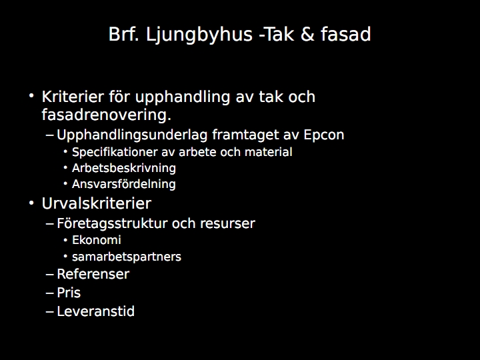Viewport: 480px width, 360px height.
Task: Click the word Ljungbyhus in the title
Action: (x=199, y=34)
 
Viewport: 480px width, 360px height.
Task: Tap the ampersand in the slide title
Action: (x=308, y=34)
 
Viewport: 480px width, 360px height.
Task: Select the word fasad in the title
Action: (x=346, y=34)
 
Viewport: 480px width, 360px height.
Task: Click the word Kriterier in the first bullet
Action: (x=73, y=97)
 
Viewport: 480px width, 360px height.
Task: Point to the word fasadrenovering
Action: (x=106, y=115)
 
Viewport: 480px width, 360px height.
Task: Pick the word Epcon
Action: (x=324, y=135)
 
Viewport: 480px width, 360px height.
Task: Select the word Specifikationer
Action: (x=115, y=152)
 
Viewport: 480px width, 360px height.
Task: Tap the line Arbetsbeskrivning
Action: (x=124, y=168)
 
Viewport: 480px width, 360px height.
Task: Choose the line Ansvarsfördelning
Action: (x=124, y=184)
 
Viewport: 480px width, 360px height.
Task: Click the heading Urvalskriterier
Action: (x=97, y=203)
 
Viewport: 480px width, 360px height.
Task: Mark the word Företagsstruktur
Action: (x=113, y=223)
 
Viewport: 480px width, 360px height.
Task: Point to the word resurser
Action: (x=227, y=224)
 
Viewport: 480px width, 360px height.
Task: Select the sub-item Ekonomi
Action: (x=97, y=240)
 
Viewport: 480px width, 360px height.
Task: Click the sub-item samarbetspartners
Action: (x=127, y=257)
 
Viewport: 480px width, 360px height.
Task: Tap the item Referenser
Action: (x=93, y=274)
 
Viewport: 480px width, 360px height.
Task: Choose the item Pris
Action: (x=69, y=293)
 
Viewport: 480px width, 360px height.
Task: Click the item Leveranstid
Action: (x=95, y=311)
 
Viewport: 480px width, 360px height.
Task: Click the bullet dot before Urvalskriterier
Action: (x=31, y=203)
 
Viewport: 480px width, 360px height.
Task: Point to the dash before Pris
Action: (x=49, y=293)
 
